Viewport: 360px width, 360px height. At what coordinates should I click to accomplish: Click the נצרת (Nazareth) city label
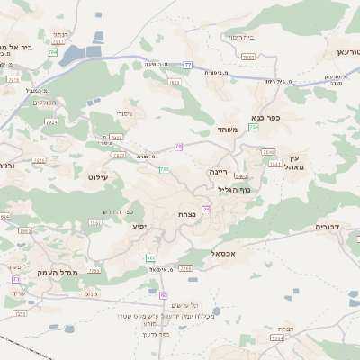click(x=187, y=215)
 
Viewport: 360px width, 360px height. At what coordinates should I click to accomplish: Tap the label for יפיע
click(x=139, y=225)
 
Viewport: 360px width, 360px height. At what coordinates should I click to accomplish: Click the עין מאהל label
click(x=297, y=162)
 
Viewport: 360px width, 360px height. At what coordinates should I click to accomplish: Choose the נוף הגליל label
click(x=234, y=189)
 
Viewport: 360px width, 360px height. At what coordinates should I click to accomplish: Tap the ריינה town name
click(x=219, y=170)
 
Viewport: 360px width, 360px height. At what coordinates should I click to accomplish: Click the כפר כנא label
click(x=267, y=117)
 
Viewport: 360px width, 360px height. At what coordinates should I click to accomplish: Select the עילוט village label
click(x=98, y=177)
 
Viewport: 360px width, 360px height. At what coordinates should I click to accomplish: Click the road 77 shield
click(x=187, y=65)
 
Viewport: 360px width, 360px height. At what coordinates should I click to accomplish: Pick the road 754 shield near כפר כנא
click(x=254, y=128)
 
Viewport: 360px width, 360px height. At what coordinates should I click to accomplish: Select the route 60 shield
click(x=164, y=295)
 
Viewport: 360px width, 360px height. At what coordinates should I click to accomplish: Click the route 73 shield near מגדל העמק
click(x=16, y=279)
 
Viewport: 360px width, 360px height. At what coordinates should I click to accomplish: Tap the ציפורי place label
click(x=123, y=113)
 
